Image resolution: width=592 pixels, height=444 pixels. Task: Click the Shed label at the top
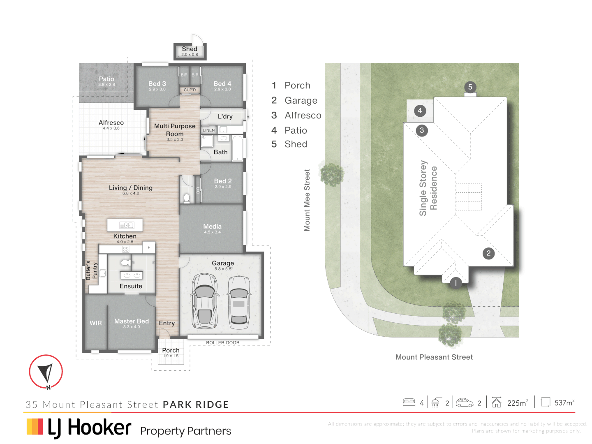click(x=190, y=49)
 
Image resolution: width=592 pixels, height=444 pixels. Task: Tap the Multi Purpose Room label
click(x=175, y=130)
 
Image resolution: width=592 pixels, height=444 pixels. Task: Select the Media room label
click(x=212, y=227)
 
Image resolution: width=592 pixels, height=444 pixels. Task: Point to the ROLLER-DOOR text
click(x=222, y=342)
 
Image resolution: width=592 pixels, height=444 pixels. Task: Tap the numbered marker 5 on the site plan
click(x=470, y=87)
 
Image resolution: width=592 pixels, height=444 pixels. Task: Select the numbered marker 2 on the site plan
click(x=488, y=253)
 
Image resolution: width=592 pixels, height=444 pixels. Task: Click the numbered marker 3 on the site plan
click(x=422, y=131)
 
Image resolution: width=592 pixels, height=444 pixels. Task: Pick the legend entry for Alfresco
click(x=303, y=116)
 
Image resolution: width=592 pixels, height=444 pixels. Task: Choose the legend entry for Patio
click(x=296, y=130)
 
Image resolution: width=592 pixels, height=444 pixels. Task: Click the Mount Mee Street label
click(x=307, y=200)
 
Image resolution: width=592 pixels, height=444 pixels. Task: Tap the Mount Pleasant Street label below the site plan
click(x=434, y=357)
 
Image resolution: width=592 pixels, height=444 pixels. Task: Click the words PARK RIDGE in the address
click(x=196, y=405)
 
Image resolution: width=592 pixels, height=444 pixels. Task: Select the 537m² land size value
click(x=564, y=403)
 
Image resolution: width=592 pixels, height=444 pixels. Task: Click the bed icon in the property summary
click(x=409, y=402)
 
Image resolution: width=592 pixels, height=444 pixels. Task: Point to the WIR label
click(x=96, y=323)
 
